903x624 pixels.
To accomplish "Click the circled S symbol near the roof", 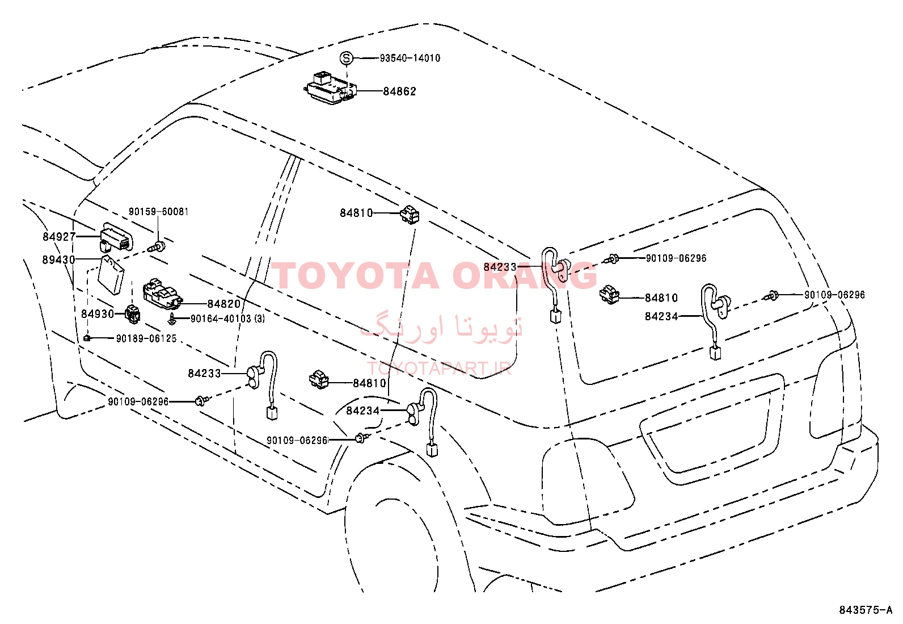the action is coord(346,58).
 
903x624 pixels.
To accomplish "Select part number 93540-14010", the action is coord(410,58).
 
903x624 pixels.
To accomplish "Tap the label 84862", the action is coord(399,91).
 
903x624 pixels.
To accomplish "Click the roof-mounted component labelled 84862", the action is coord(330,88).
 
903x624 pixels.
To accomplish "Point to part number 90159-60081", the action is coord(158,211).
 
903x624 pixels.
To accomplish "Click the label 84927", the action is coord(59,237).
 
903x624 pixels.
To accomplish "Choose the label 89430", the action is coord(59,259).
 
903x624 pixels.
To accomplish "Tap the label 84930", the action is coord(98,313).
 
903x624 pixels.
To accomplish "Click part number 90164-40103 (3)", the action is coord(228,319).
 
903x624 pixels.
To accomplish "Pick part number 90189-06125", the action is coord(146,338).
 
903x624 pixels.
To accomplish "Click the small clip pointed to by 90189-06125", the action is coord(86,338).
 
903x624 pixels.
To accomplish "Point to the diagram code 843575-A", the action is coord(866,610).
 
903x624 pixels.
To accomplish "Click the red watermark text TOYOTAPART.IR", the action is coord(439,368).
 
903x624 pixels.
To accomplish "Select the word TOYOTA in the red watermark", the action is coord(355,276).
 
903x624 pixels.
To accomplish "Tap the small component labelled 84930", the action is coord(133,313).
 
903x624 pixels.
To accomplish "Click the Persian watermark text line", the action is coord(441,326).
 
